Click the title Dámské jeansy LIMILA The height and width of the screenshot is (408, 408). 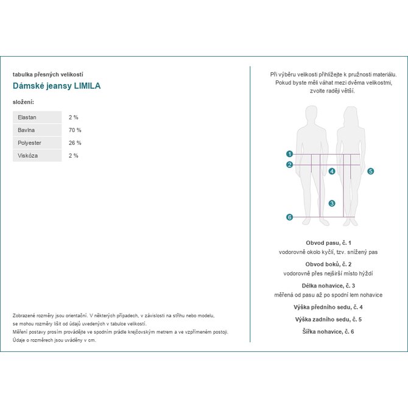click(57, 86)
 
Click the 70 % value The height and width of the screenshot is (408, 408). click(75, 130)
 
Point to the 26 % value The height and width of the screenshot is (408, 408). click(75, 142)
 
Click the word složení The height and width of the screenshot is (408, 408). click(23, 102)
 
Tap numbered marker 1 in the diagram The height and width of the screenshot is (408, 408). click(290, 154)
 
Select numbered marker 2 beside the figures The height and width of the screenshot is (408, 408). click(290, 164)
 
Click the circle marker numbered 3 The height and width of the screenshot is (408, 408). click(332, 203)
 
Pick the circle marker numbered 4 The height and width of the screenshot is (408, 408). click(332, 171)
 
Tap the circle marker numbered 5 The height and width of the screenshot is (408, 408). click(370, 171)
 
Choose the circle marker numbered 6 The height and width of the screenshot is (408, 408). click(290, 217)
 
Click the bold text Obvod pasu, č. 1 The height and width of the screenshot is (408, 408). click(328, 242)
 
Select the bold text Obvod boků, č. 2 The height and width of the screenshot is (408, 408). click(328, 264)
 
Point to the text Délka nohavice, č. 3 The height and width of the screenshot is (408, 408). click(328, 286)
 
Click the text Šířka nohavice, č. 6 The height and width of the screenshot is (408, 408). click(328, 331)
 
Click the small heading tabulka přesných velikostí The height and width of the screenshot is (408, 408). click(47, 74)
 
